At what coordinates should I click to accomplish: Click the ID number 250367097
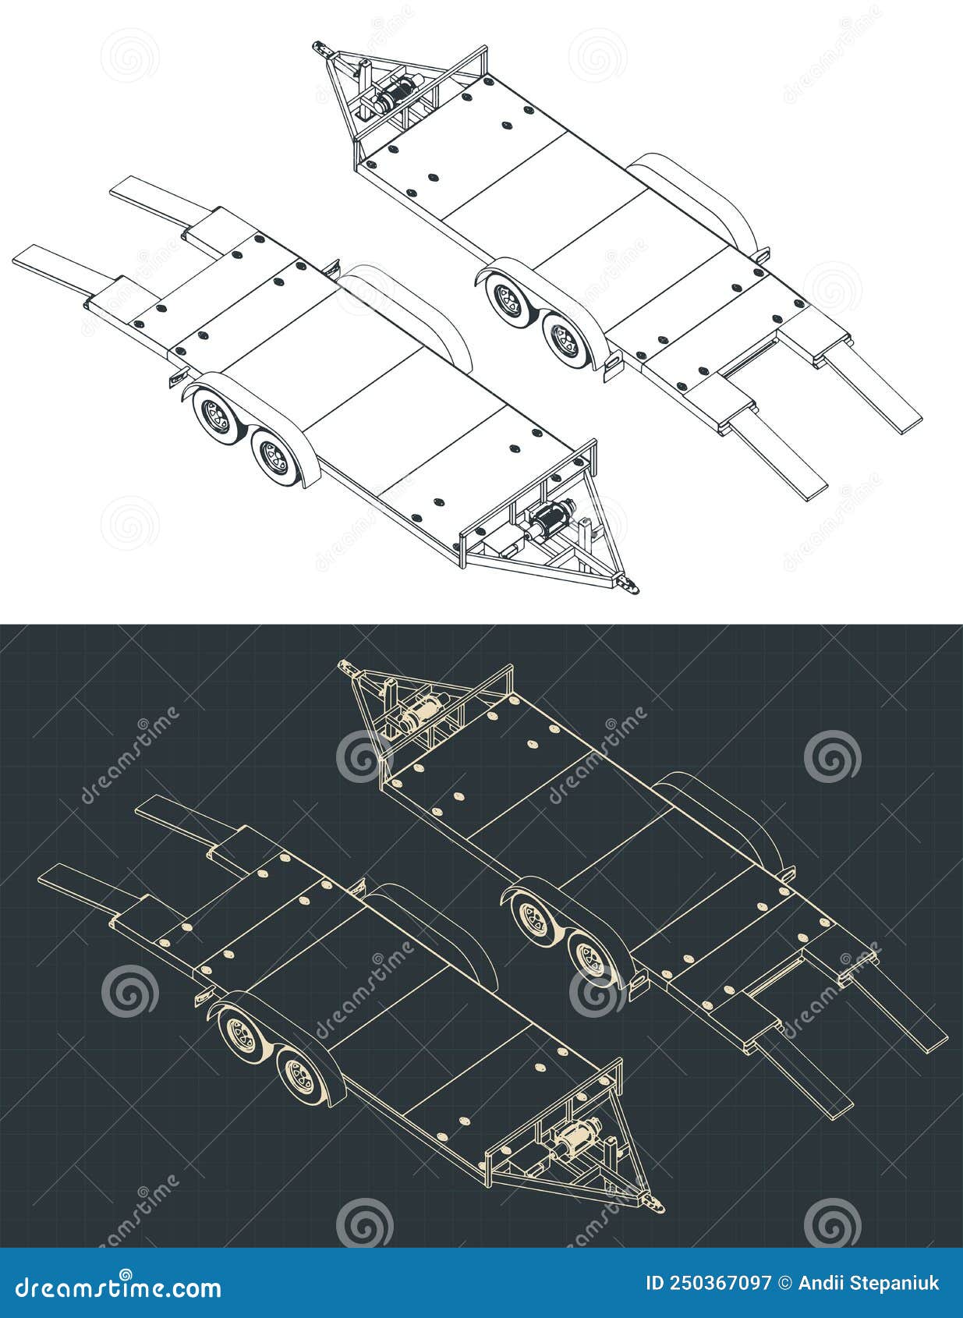[708, 1283]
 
